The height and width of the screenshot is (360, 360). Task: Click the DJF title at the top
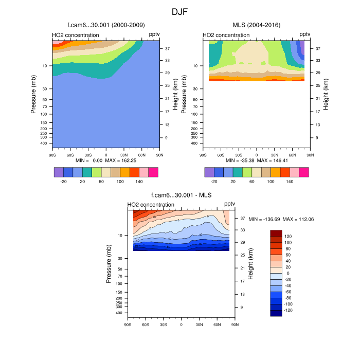click(180, 11)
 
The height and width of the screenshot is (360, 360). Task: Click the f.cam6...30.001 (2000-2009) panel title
click(106, 25)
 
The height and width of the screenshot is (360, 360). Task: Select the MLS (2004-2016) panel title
click(256, 25)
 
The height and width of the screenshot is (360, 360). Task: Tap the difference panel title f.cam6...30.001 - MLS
click(181, 195)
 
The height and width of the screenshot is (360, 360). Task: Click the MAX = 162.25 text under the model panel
click(121, 160)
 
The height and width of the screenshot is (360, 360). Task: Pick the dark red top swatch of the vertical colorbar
click(276, 233)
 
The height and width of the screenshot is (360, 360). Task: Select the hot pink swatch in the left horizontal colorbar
click(153, 172)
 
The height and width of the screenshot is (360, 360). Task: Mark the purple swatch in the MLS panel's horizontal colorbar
click(209, 172)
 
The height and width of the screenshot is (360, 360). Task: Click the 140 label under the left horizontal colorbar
click(139, 182)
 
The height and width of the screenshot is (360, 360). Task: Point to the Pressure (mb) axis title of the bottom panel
click(109, 264)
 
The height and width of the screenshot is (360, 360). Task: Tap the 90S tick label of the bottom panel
click(128, 325)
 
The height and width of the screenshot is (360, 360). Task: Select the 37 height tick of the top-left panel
click(168, 49)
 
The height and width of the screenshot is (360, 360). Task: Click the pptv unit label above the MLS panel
click(305, 34)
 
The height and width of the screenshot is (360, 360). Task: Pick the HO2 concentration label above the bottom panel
click(151, 205)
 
